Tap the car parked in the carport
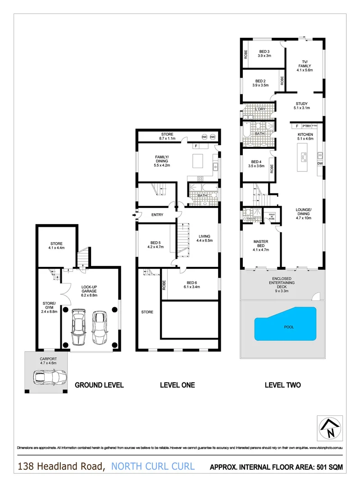(49, 377)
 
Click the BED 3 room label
(263, 53)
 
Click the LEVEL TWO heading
(282, 385)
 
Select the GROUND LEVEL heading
(99, 385)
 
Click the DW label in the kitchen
(320, 164)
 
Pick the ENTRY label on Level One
(157, 215)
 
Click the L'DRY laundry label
(260, 109)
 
